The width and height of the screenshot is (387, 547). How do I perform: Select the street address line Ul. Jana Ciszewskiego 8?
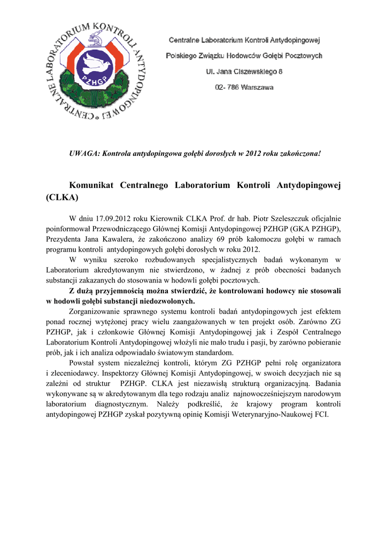click(244, 71)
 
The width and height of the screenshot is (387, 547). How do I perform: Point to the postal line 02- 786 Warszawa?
click(244, 87)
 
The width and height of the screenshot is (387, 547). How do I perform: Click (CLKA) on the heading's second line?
click(63, 197)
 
